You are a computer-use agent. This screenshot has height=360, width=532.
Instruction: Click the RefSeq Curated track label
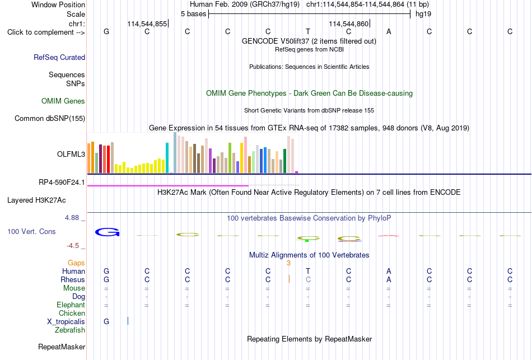point(59,57)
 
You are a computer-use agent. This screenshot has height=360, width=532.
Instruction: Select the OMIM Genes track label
point(63,101)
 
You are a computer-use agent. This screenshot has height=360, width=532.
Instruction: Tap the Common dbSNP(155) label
point(50,119)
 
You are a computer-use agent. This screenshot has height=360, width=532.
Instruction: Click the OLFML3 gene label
point(71,155)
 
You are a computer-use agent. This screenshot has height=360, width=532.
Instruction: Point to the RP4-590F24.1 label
point(62,183)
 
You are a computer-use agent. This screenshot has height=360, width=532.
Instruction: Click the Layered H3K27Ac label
point(36,200)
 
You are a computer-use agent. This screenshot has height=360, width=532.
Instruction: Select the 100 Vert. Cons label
point(31,232)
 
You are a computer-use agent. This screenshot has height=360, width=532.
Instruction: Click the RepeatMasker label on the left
point(62,347)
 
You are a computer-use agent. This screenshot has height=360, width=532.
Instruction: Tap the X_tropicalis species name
point(66,322)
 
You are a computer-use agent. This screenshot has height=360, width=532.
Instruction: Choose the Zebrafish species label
point(70,330)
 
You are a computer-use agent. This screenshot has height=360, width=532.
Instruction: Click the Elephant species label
point(71,305)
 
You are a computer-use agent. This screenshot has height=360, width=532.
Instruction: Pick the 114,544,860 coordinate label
point(348,24)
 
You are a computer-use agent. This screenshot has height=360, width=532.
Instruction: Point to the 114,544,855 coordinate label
point(147,24)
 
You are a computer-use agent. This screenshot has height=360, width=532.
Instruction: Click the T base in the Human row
point(308,271)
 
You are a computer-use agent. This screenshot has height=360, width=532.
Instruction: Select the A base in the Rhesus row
point(389,279)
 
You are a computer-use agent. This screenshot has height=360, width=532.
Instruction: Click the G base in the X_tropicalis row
point(106,322)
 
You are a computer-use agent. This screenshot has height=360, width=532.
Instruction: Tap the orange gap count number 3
point(289,263)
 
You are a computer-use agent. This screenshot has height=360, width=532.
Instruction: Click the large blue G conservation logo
point(107,232)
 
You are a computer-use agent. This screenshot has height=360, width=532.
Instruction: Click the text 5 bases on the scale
point(193,14)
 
